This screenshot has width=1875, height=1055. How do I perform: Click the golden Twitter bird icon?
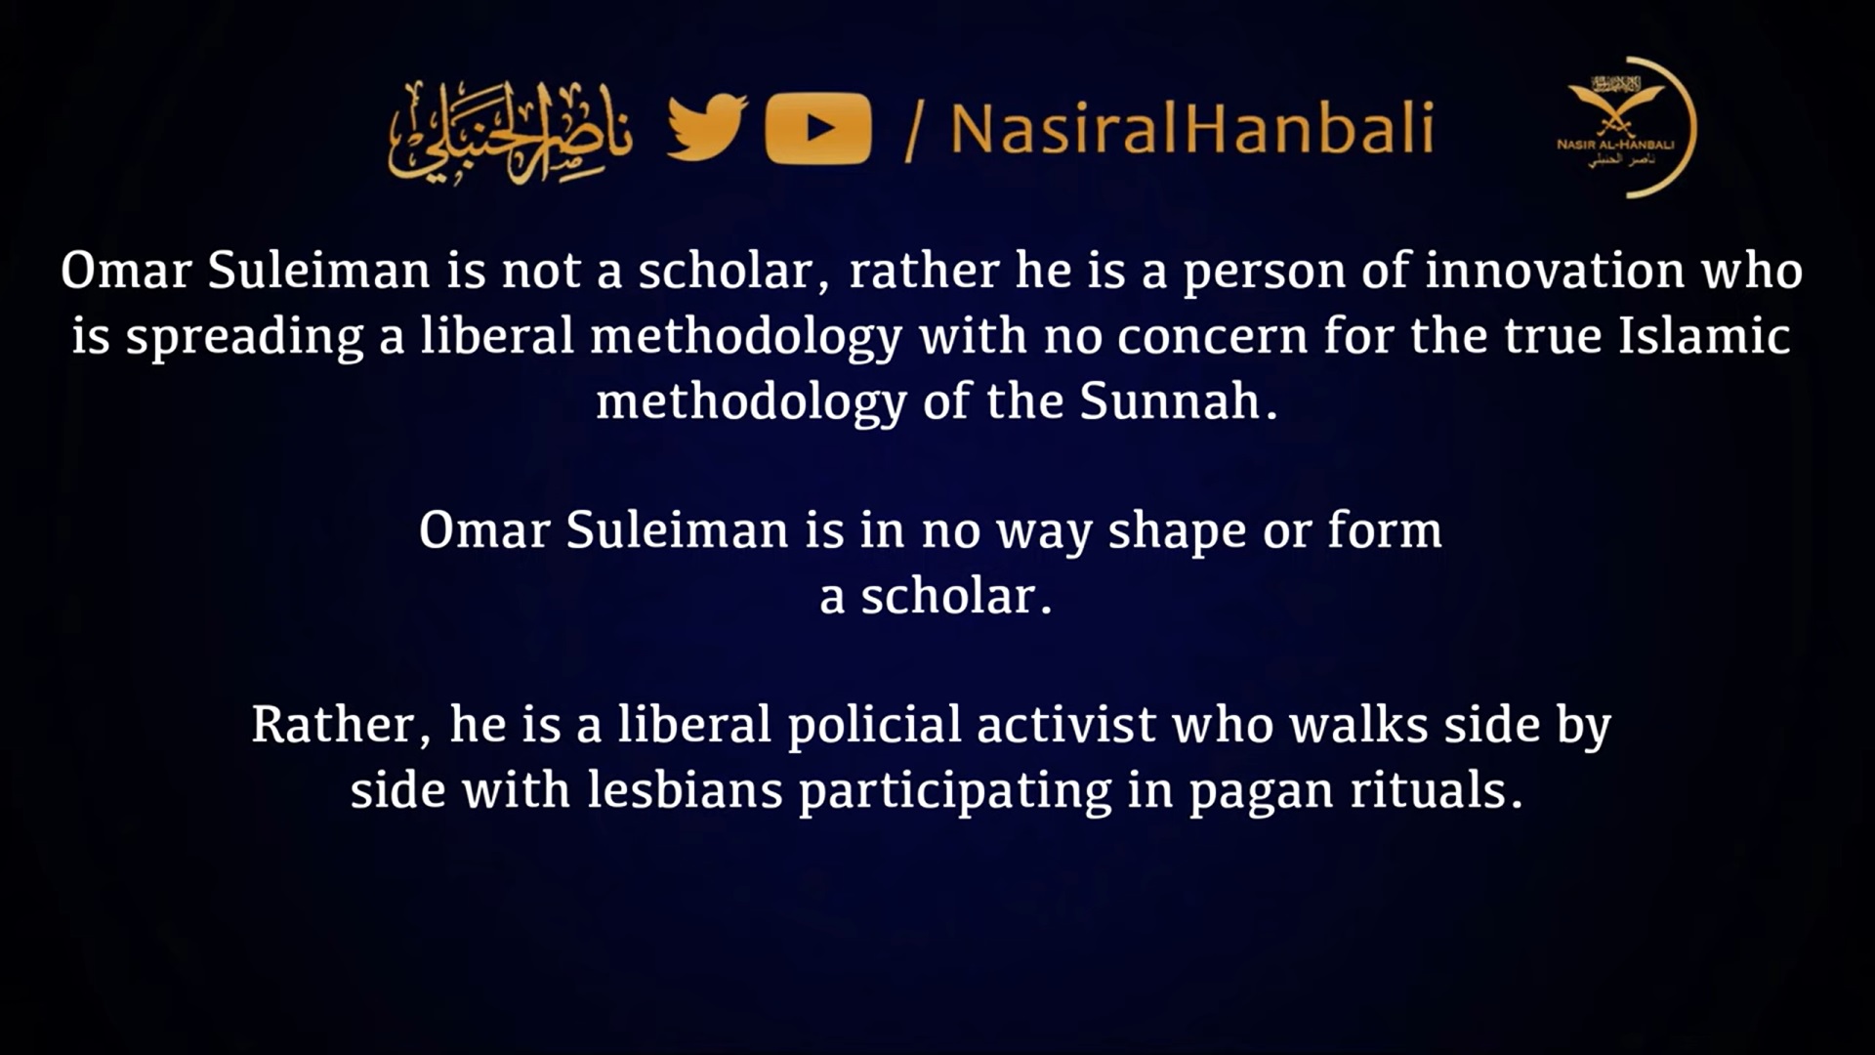(x=707, y=127)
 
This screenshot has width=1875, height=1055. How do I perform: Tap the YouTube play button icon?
(x=818, y=128)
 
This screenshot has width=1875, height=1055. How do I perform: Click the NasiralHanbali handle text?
(x=1191, y=128)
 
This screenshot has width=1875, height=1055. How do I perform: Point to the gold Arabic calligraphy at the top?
(x=509, y=131)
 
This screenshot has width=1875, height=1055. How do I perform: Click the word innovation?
(x=1555, y=271)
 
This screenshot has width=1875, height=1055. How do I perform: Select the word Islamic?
(x=1704, y=335)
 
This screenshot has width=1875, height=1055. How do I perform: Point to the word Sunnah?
(x=1170, y=401)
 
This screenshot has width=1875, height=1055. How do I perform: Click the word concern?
(x=1212, y=336)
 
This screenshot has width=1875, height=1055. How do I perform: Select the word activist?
(x=1066, y=725)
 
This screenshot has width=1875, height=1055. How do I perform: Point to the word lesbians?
(x=685, y=789)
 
